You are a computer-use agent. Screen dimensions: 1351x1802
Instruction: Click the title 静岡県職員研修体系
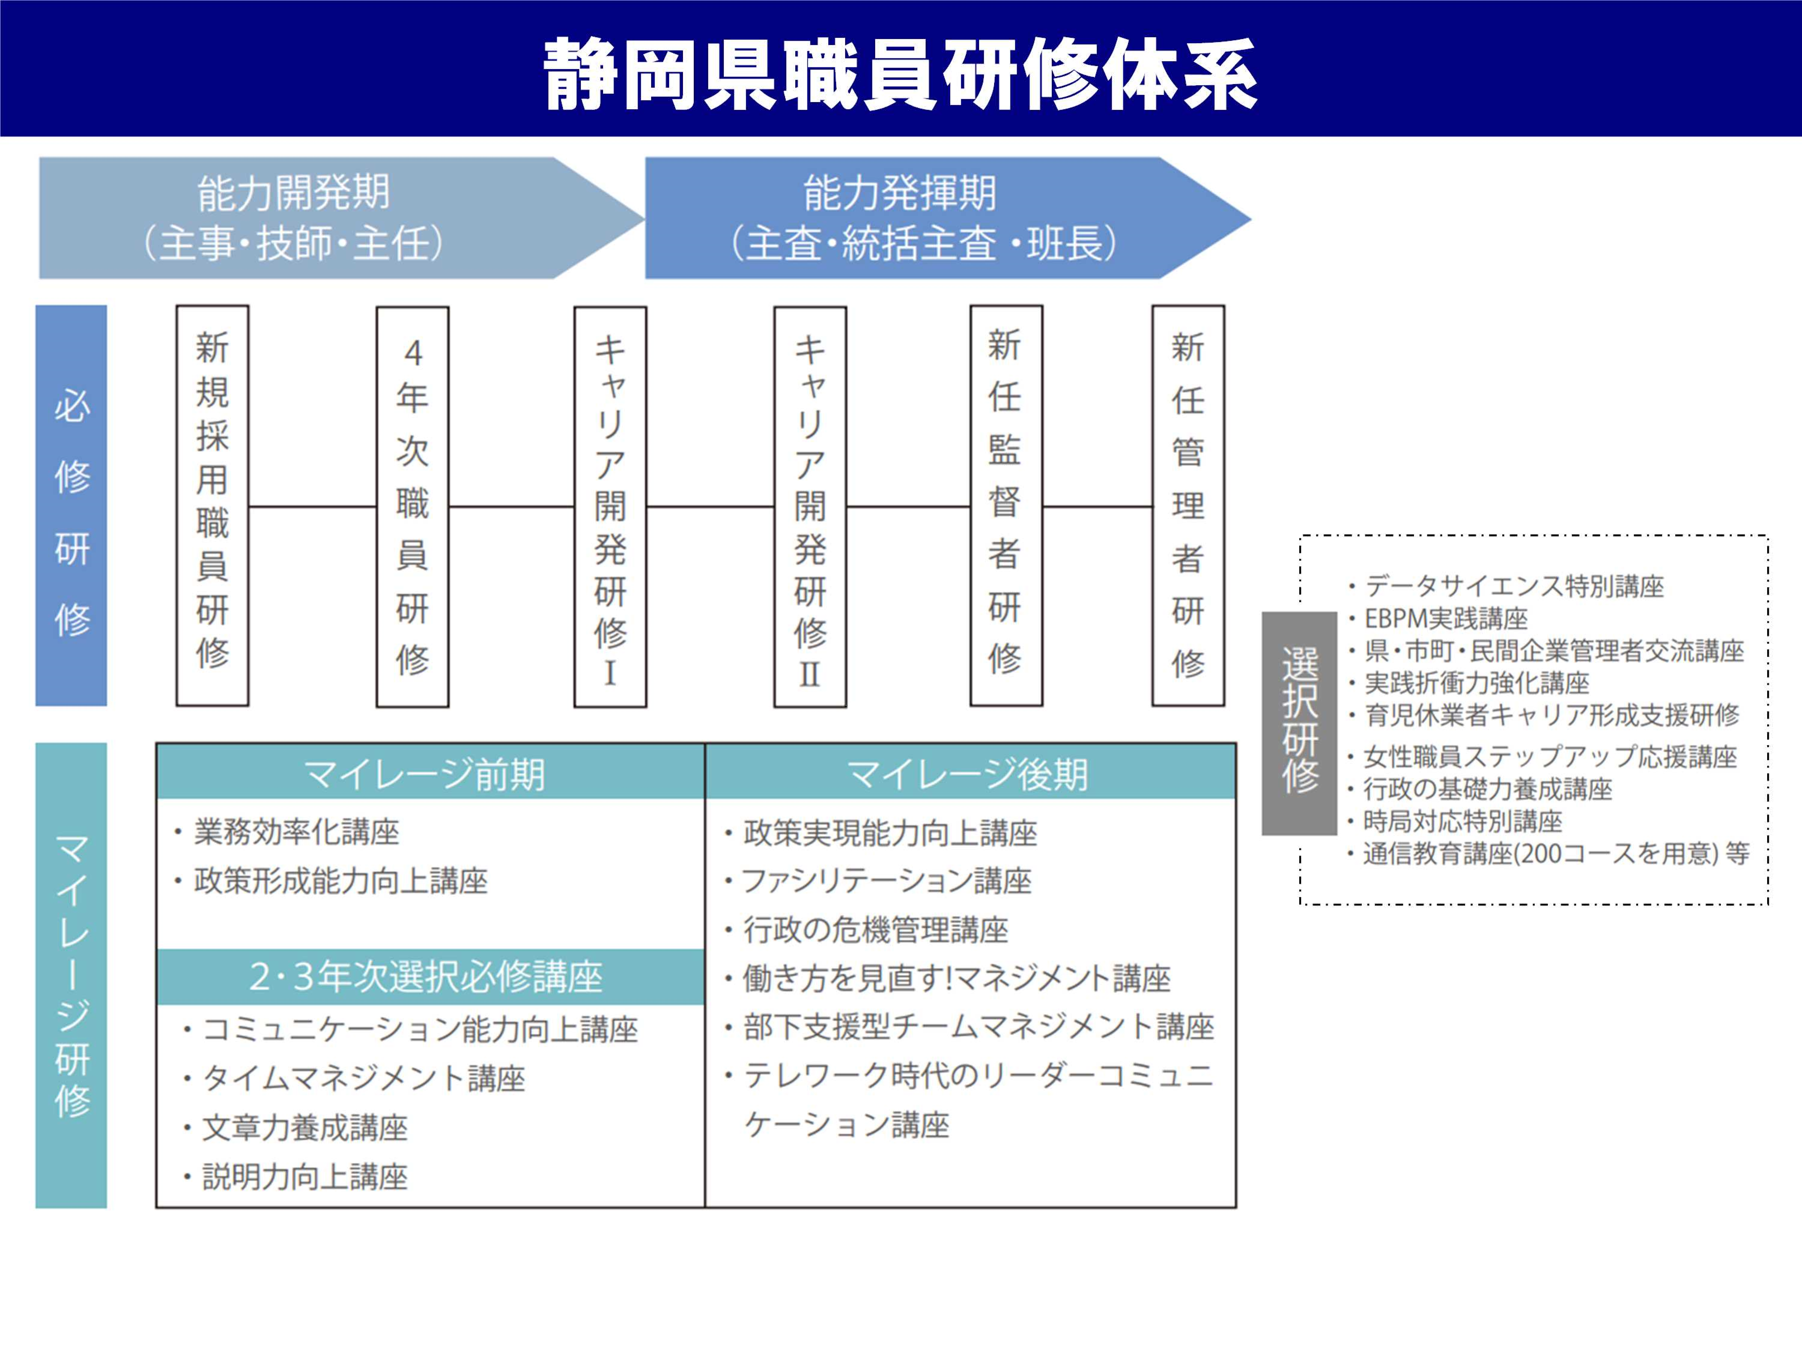[x=900, y=73]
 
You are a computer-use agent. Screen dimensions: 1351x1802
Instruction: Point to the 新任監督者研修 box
[x=1006, y=505]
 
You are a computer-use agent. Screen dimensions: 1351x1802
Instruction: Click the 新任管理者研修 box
[x=1188, y=505]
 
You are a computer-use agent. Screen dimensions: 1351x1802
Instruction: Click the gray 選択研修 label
[x=1299, y=723]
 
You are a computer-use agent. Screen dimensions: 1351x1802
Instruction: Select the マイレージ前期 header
[x=430, y=772]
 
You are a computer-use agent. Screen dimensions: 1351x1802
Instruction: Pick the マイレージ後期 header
[x=969, y=772]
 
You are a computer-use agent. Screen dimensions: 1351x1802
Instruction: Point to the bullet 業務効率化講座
[x=296, y=831]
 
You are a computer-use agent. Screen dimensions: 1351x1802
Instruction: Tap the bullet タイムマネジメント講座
[x=363, y=1078]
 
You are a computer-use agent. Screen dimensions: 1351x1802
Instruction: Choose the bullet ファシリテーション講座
[x=886, y=880]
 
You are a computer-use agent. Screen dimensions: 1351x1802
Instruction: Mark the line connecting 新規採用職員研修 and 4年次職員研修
[x=312, y=506]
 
